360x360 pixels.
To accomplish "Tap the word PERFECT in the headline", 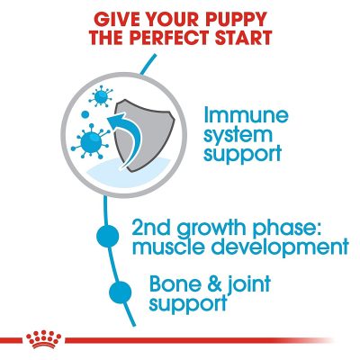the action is coord(168,38).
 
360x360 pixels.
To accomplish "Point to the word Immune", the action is coord(246,116).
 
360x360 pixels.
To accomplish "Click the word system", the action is coord(238,136).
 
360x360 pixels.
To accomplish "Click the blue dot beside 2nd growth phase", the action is coord(108,236).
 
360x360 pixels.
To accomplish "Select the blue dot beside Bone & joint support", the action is coord(121,292).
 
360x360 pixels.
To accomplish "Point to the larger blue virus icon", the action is coord(90,140).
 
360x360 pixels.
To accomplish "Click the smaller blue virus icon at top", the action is coord(101,96).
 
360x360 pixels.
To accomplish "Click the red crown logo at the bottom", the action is coord(43,339).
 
